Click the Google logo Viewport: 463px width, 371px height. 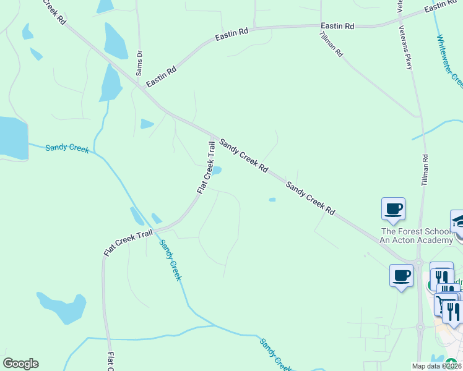tap(20, 364)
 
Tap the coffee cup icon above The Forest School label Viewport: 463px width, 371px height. tap(393, 208)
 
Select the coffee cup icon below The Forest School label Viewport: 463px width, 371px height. tap(401, 275)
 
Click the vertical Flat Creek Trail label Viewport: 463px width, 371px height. tap(206, 167)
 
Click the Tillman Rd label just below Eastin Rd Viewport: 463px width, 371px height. tap(331, 44)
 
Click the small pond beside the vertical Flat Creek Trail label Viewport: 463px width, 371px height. tap(217, 171)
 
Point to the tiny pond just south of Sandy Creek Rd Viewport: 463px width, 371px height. tap(272, 199)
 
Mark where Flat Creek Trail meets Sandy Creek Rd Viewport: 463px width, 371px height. tap(212, 135)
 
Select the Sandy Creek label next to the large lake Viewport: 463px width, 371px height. tap(67, 148)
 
